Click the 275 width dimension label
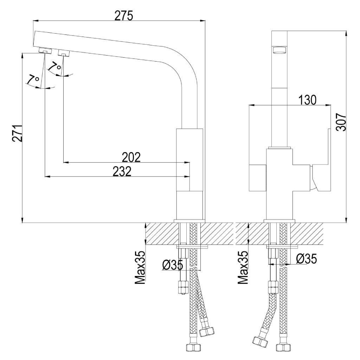click(124, 16)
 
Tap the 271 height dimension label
click(17, 133)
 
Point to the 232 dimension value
click(122, 171)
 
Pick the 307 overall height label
click(341, 122)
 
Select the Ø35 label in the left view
click(173, 265)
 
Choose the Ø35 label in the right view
click(306, 258)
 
